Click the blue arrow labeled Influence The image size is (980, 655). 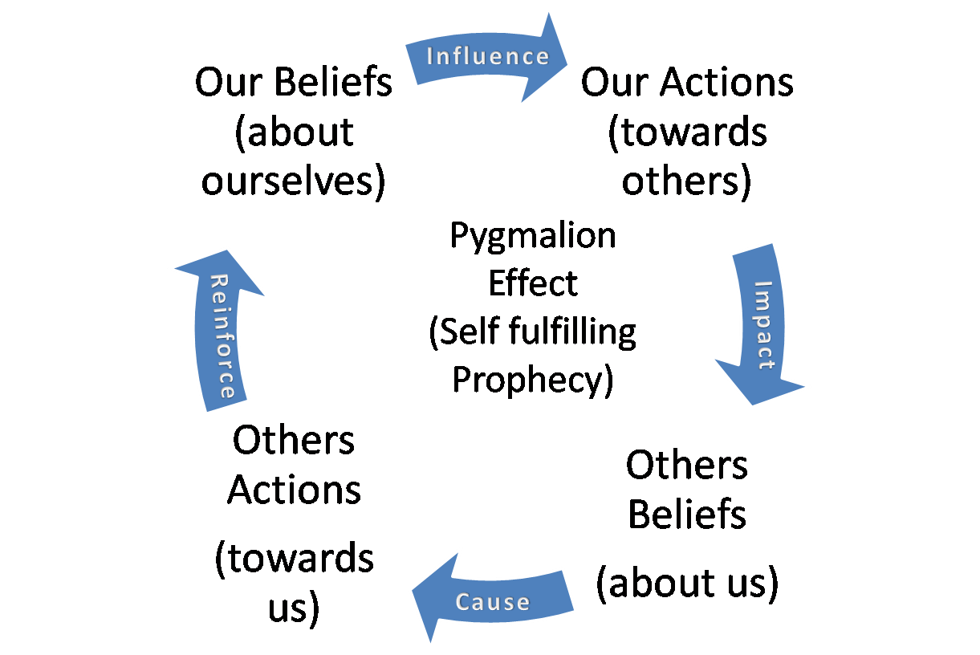tap(488, 56)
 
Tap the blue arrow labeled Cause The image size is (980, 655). tap(493, 600)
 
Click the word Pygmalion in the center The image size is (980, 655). tap(533, 236)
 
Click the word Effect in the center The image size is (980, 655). tap(533, 283)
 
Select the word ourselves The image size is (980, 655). tap(293, 181)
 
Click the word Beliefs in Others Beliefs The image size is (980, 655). tap(687, 515)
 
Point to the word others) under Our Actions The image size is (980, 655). tap(687, 181)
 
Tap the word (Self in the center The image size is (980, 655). tap(464, 332)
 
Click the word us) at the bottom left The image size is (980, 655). tap(294, 608)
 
